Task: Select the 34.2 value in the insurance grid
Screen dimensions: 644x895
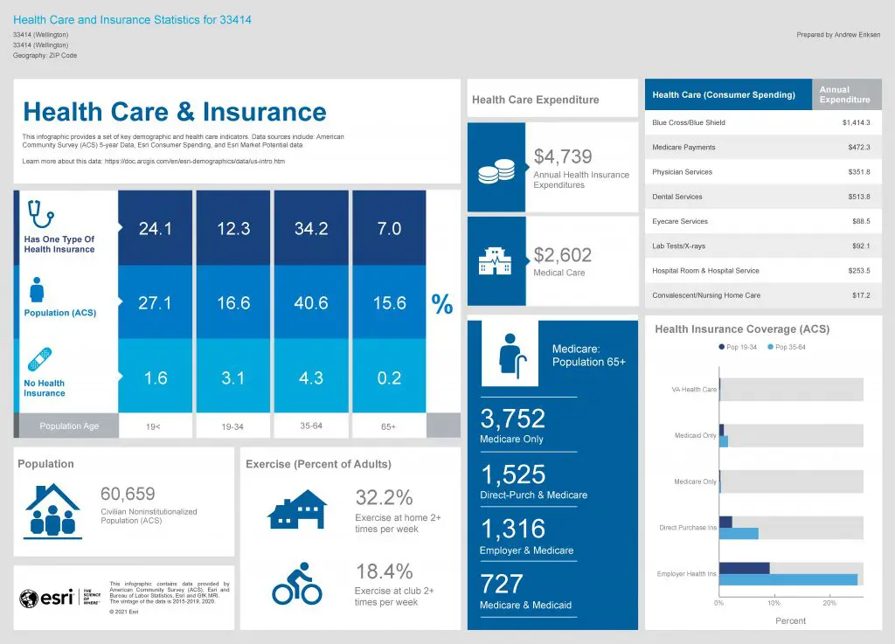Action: point(311,229)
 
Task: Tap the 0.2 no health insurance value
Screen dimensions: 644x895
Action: point(389,377)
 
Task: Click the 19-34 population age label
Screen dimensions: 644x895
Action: point(233,426)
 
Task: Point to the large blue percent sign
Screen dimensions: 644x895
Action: point(442,304)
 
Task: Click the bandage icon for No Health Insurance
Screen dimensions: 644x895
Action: point(39,359)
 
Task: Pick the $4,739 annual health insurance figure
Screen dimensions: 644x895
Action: point(563,156)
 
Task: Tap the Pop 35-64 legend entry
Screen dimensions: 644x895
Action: point(787,348)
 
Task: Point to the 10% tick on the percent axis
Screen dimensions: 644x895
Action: point(774,603)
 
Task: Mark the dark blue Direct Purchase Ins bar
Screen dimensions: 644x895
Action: point(725,522)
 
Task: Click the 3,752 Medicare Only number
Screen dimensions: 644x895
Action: point(513,419)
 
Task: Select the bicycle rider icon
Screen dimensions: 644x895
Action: point(297,584)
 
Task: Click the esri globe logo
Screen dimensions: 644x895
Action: point(29,598)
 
